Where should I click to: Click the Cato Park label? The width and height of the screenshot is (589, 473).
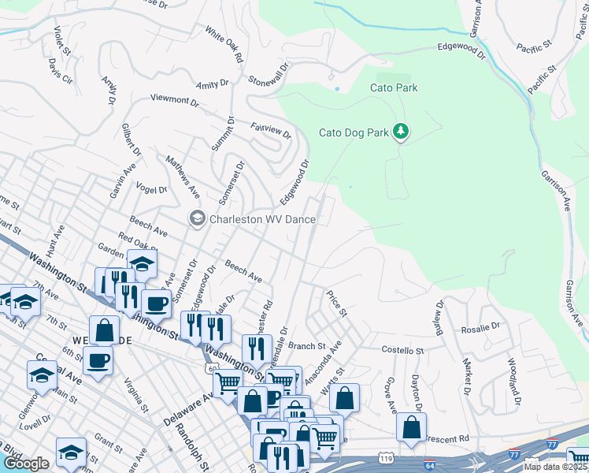coord(394,88)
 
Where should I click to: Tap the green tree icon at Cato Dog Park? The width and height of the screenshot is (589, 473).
coord(402,131)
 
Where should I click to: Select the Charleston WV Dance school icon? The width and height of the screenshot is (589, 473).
coord(196,218)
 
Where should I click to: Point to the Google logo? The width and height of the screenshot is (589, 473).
coord(26,464)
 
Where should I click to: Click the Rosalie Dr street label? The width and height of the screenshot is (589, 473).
coord(480,326)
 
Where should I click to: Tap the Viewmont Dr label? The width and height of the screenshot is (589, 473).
coord(175,101)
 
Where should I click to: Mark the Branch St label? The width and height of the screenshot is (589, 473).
coord(306,345)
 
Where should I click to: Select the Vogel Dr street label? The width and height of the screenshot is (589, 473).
coord(151,189)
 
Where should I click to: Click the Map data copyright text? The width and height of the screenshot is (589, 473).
coord(555,467)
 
